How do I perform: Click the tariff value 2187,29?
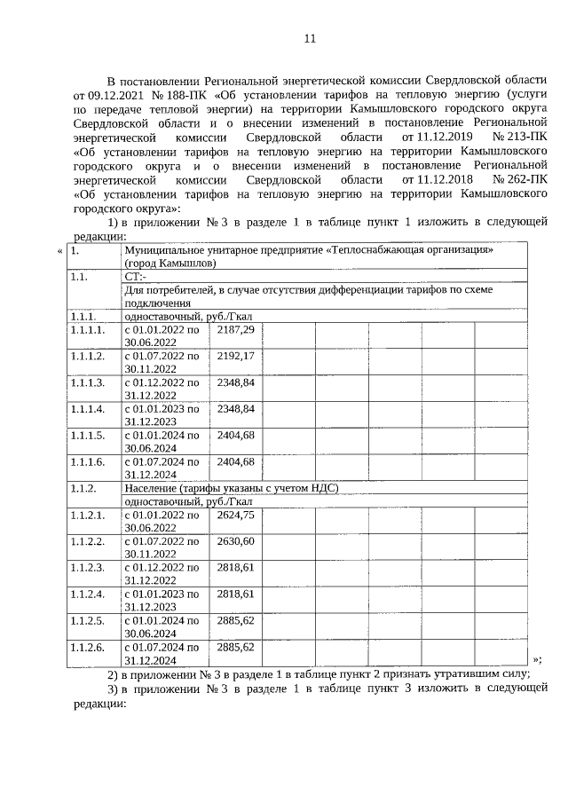point(236,330)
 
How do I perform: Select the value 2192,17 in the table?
point(236,356)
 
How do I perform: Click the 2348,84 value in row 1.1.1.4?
point(236,409)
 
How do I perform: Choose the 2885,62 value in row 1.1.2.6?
point(236,648)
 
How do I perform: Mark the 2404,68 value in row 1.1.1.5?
point(236,436)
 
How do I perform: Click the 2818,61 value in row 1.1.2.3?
point(236,568)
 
